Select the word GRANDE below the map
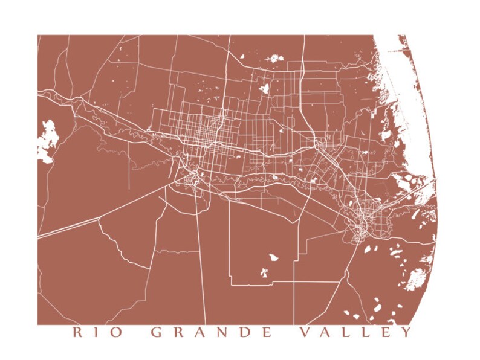210,332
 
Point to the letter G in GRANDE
156,332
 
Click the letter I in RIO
97,332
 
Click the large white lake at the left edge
47,138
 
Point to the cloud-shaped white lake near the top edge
274,59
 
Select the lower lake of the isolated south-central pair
264,273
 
